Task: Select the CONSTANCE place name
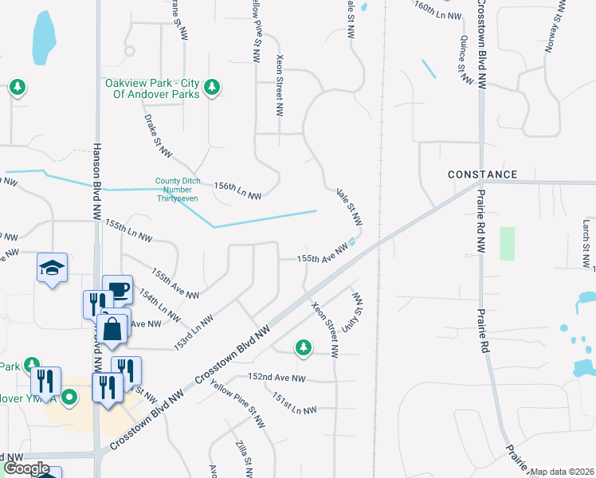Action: (482, 174)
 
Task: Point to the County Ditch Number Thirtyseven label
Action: (177, 190)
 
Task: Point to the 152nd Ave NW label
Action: (276, 378)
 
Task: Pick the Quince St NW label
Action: (461, 54)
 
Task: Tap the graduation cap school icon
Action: (52, 268)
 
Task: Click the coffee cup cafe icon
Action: (117, 289)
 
